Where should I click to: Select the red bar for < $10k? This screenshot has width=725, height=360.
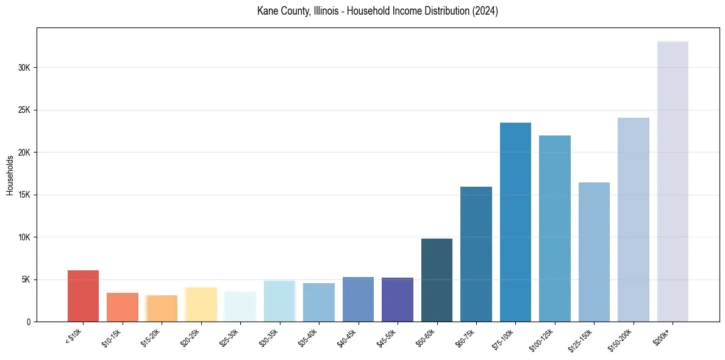pyautogui.click(x=83, y=296)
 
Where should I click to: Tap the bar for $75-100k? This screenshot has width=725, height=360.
pyautogui.click(x=515, y=222)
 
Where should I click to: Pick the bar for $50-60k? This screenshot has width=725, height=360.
pyautogui.click(x=437, y=280)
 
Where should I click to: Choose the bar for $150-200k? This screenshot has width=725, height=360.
pyautogui.click(x=633, y=220)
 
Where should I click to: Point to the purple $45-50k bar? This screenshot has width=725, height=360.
pyautogui.click(x=398, y=300)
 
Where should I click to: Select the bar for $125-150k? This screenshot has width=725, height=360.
pyautogui.click(x=594, y=252)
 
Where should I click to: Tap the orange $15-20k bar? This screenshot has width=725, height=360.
pyautogui.click(x=162, y=308)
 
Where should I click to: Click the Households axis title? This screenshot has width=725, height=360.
pyautogui.click(x=10, y=175)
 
